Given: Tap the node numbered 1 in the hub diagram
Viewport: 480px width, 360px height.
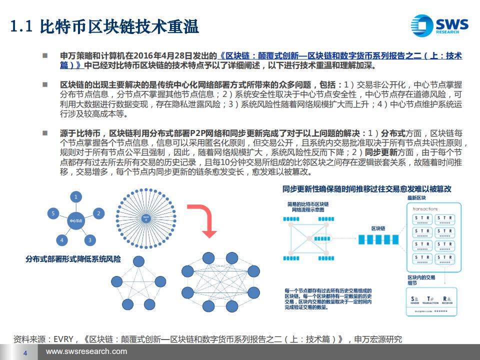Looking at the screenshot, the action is click(76, 196).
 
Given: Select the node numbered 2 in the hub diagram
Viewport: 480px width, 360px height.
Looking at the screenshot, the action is click(98, 213).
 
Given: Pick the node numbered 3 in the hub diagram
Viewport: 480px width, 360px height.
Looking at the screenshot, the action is click(89, 240).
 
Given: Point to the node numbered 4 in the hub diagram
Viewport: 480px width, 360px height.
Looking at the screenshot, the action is click(62, 240).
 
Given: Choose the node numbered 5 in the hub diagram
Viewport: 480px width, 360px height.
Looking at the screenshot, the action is click(53, 213).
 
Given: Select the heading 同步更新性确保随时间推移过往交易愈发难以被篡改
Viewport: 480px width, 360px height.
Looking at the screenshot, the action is click(366, 189).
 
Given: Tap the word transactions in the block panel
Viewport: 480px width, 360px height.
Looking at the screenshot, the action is click(426, 209).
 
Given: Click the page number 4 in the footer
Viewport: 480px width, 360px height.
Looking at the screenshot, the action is click(25, 353).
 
